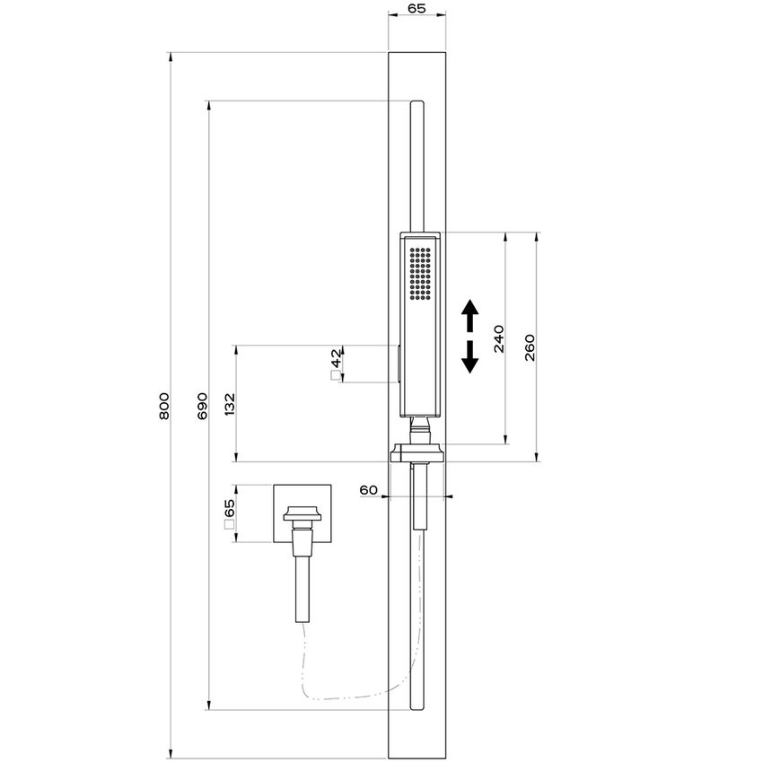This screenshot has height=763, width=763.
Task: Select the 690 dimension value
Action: (202, 406)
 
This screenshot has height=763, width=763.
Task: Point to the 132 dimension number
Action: (230, 403)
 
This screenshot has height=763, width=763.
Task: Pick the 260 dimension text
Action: (530, 346)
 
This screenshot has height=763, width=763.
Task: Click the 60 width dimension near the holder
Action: (368, 489)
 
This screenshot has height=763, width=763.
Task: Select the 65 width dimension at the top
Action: (417, 9)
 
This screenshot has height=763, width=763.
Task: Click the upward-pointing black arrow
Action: (469, 318)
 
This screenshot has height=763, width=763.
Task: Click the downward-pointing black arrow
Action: (469, 357)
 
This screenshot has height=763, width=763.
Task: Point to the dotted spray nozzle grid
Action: (420, 273)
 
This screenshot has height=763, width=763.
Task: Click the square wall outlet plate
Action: (302, 513)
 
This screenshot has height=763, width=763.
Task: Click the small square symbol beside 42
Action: (335, 377)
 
